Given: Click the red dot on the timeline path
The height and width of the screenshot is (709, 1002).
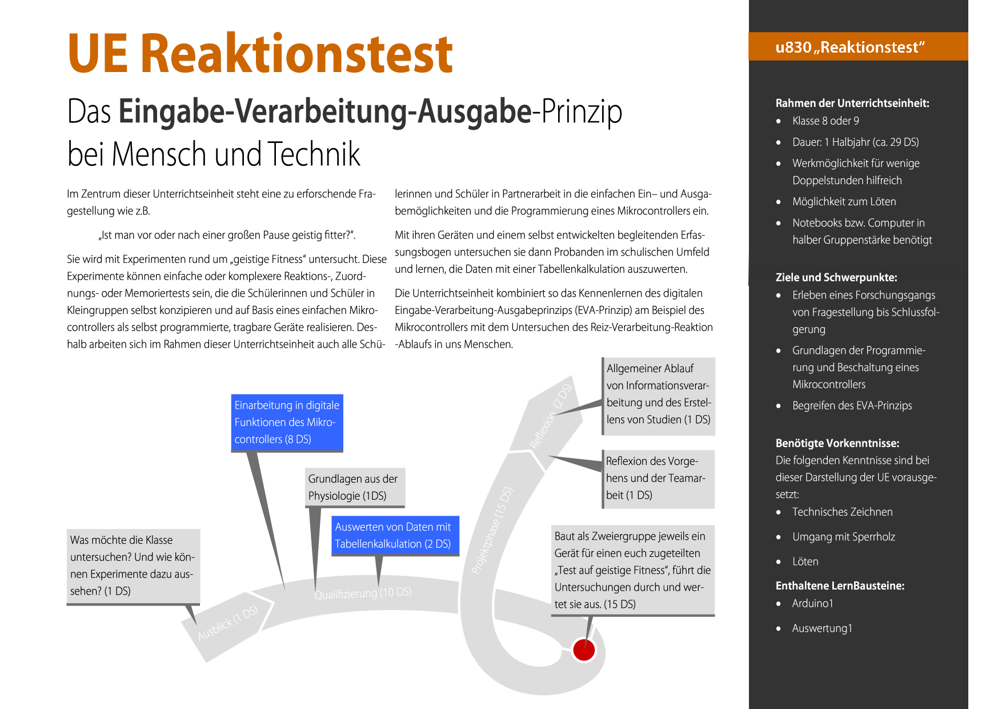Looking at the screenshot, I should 584,650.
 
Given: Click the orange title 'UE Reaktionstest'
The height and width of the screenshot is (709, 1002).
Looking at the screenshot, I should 260,54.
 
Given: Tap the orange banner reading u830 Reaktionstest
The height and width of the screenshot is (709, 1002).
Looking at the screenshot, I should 857,47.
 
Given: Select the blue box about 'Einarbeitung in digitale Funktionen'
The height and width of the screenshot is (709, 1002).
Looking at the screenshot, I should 287,423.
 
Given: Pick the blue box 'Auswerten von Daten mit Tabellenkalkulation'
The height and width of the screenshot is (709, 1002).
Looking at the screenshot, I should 395,535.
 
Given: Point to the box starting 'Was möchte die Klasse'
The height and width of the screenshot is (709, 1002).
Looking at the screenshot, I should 133,565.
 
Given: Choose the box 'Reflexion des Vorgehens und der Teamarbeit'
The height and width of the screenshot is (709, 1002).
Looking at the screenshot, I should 658,479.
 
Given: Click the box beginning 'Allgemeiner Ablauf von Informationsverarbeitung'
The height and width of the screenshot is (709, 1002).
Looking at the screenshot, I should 659,395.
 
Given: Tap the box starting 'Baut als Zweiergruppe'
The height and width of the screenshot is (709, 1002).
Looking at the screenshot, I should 632,570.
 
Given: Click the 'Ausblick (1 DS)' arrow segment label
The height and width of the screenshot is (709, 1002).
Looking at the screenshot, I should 228,623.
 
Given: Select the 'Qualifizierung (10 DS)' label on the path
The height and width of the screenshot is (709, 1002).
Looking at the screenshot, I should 363,593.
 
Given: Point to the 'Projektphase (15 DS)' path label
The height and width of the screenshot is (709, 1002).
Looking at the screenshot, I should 492,530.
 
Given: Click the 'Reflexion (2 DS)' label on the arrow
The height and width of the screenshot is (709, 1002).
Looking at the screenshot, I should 551,416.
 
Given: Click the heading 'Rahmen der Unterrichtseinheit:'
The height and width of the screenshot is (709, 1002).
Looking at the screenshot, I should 852,103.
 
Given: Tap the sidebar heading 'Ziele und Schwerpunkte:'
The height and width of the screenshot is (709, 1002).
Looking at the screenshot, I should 836,278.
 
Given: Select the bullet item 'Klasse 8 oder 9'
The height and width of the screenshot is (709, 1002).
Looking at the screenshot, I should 825,121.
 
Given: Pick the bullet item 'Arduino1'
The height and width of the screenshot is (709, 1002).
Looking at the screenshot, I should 812,604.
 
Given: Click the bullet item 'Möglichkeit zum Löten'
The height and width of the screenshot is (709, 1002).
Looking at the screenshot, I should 844,202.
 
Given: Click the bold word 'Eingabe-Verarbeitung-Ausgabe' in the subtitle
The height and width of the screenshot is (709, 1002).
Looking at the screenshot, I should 325,111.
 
